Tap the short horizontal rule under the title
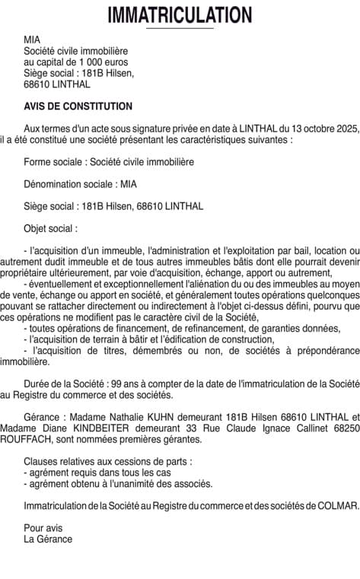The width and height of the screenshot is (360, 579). click(180, 28)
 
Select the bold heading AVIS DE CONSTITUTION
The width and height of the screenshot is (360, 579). click(78, 107)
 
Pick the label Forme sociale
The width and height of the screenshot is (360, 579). click(54, 162)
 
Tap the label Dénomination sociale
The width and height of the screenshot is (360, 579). click(68, 183)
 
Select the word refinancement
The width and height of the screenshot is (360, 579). click(187, 327)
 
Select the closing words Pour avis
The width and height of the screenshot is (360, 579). click(43, 527)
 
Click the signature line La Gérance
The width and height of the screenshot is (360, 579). click(48, 539)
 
